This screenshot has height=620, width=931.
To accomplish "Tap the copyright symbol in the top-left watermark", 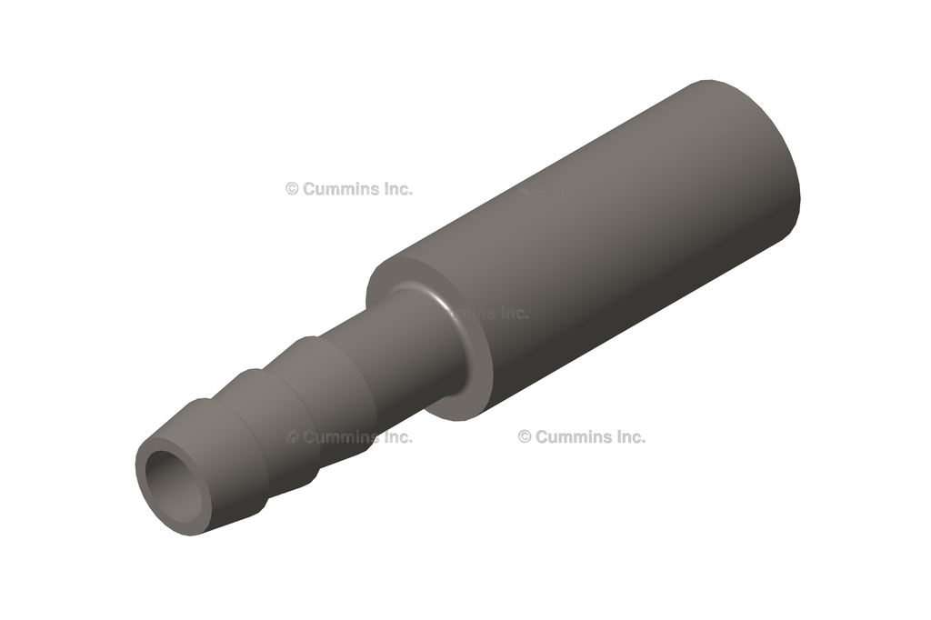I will (x=292, y=189).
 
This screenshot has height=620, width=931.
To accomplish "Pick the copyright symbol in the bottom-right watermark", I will (x=525, y=436).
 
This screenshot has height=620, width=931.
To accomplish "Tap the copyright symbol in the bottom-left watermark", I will (x=292, y=437).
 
